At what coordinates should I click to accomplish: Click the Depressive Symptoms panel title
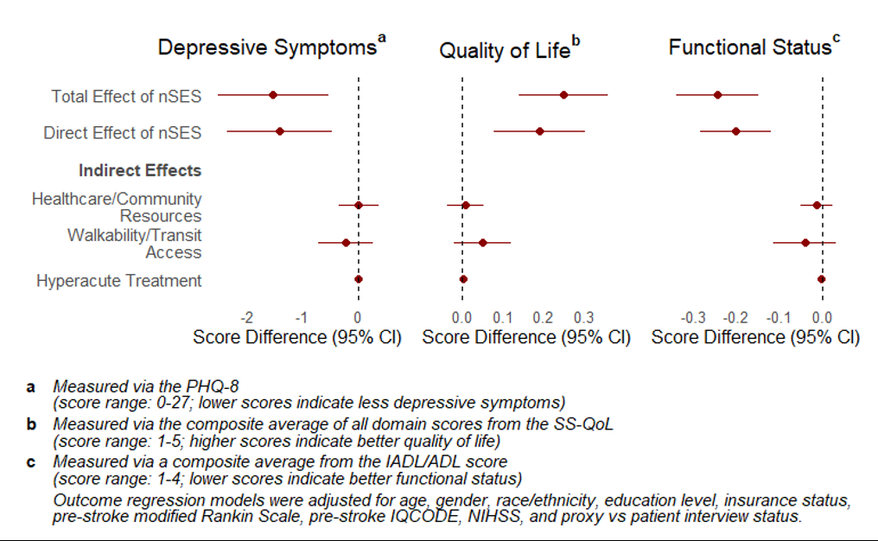tap(266, 47)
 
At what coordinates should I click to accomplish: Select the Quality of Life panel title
tap(505, 50)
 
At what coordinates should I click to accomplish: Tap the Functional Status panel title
tap(749, 47)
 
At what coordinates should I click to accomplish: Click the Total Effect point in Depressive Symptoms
tap(273, 94)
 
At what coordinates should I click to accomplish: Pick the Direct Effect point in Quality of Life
tap(540, 131)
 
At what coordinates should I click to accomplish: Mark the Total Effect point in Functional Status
tap(717, 94)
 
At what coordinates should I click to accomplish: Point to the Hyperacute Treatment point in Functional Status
tap(822, 279)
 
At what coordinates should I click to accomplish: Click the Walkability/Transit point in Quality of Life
tap(482, 243)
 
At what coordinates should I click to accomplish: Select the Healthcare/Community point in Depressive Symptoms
tap(359, 205)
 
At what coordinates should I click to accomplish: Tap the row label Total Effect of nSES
tap(126, 96)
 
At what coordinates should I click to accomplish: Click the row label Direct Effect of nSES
tap(123, 133)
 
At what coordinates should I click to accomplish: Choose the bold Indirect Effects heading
tap(140, 170)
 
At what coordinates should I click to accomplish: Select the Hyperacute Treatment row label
tap(119, 281)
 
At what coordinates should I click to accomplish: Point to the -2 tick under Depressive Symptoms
tap(247, 316)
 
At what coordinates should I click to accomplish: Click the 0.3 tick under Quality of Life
tap(583, 316)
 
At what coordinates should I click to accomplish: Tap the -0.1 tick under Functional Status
tap(777, 316)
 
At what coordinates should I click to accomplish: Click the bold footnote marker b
tap(31, 423)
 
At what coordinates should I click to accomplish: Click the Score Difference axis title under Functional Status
tap(755, 337)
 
